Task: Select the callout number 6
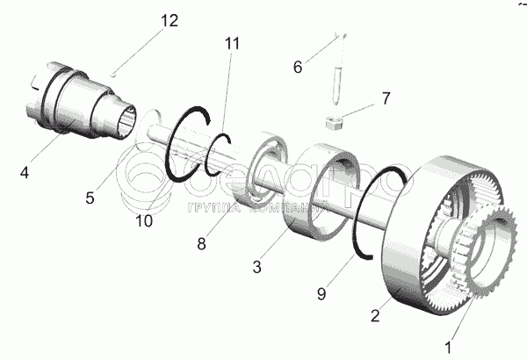[297, 66]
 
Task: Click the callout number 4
[25, 173]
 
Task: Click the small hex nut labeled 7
[334, 122]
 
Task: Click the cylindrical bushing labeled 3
[318, 193]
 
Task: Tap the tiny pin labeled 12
[115, 74]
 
